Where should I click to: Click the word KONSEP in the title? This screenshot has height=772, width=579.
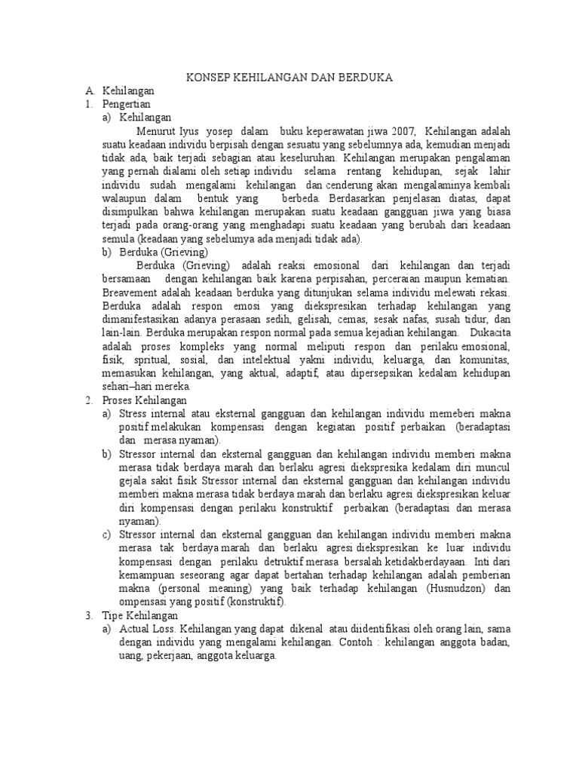point(209,78)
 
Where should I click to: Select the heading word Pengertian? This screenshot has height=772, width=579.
point(127,103)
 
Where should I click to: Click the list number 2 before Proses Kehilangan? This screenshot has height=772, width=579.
point(87,400)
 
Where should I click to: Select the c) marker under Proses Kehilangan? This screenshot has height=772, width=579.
point(106,535)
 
